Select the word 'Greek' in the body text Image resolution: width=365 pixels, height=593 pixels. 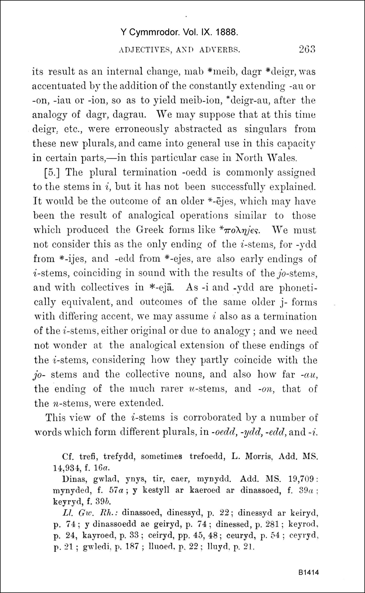coord(149,230)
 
